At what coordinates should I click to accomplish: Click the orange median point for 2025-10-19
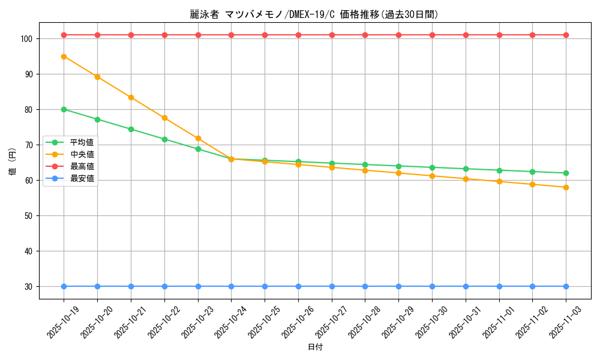pyautogui.click(x=64, y=56)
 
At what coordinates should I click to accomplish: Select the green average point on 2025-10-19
pyautogui.click(x=64, y=109)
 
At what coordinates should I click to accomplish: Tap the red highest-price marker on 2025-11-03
pyautogui.click(x=566, y=35)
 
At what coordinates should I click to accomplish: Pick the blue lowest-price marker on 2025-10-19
pyautogui.click(x=64, y=286)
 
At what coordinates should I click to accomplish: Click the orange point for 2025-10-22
pyautogui.click(x=164, y=118)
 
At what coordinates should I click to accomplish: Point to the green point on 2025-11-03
pyautogui.click(x=566, y=173)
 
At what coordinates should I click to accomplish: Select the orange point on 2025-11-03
pyautogui.click(x=566, y=187)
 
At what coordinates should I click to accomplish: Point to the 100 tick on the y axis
pyautogui.click(x=28, y=39)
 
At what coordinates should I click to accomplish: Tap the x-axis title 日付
pyautogui.click(x=315, y=347)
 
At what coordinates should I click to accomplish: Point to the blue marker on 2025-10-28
pyautogui.click(x=365, y=286)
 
